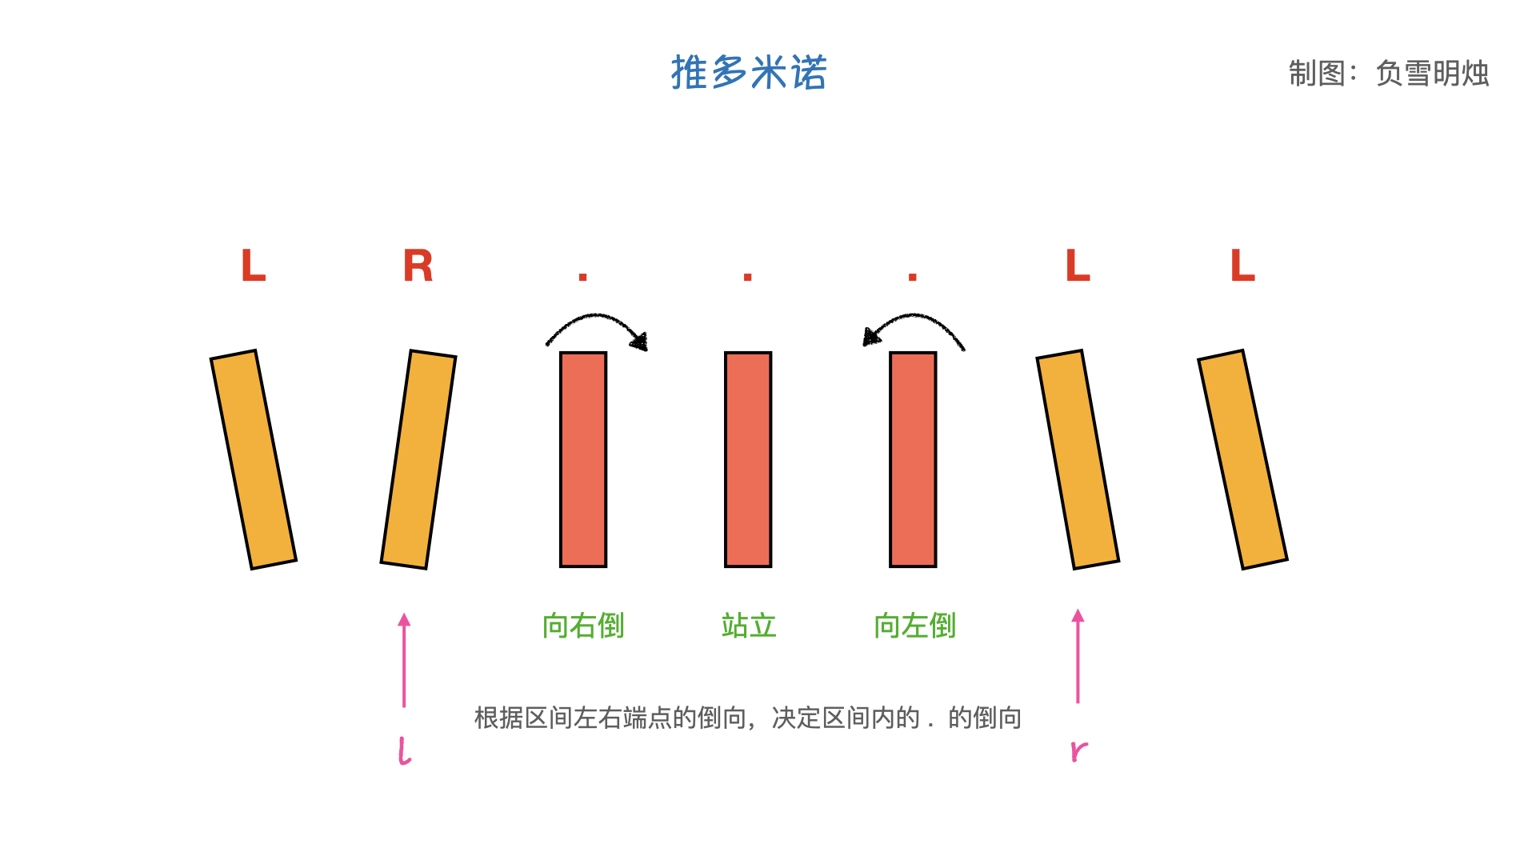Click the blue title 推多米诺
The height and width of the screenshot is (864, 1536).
click(x=748, y=73)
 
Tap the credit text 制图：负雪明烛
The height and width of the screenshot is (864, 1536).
click(x=1388, y=74)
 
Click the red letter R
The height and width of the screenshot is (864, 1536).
click(x=418, y=266)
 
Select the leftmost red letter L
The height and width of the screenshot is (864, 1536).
click(x=253, y=266)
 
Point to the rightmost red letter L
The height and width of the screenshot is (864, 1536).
click(x=1242, y=266)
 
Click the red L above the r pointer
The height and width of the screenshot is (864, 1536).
click(x=1078, y=266)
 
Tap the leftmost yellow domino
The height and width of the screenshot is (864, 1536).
click(x=254, y=459)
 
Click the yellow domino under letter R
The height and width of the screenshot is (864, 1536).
click(x=418, y=459)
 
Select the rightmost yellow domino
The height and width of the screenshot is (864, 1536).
click(x=1242, y=459)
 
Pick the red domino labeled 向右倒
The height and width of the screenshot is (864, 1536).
click(x=583, y=459)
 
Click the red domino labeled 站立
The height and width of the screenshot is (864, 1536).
click(x=748, y=459)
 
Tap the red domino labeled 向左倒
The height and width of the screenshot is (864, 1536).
click(x=913, y=459)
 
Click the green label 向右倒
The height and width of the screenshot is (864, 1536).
click(x=583, y=626)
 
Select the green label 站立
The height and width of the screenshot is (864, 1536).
click(x=749, y=626)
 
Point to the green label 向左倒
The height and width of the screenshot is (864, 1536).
click(x=914, y=626)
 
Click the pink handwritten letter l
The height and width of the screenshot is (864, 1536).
click(x=405, y=751)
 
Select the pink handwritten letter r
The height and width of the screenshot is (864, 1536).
click(x=1078, y=750)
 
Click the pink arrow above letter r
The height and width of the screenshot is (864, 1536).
click(x=1078, y=656)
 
